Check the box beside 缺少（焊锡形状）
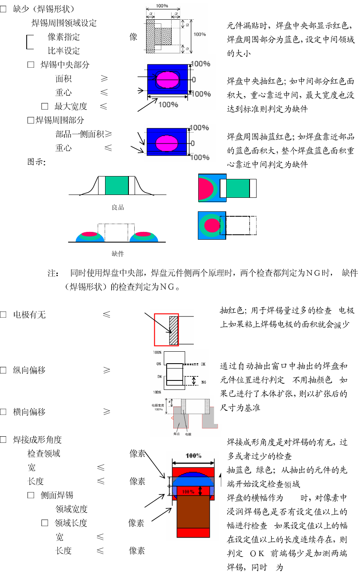point(3,9)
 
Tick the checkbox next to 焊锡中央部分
point(31,65)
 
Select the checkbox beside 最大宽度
point(45,106)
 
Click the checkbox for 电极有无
point(3,315)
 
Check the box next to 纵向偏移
point(3,370)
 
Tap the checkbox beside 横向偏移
point(3,412)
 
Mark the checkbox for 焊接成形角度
point(3,440)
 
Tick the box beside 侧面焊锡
point(31,495)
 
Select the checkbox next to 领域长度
point(45,523)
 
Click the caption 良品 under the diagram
point(118,208)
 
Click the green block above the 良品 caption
point(117,186)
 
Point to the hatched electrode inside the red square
point(174,330)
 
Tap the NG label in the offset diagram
point(204,382)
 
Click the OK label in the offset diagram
point(203,364)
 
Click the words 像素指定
point(64,37)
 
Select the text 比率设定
point(64,51)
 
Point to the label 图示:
point(36,162)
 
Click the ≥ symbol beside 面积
point(104,78)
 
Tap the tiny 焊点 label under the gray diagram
point(177,434)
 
